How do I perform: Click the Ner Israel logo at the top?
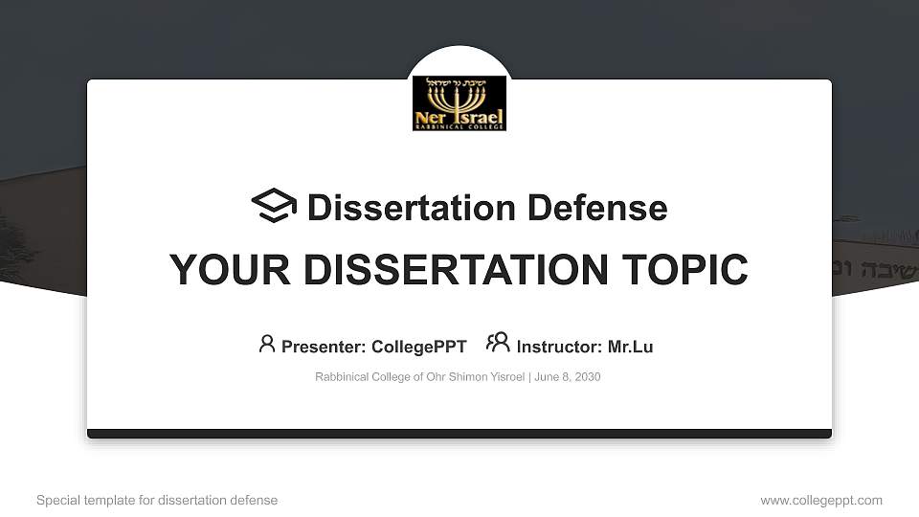tap(459, 103)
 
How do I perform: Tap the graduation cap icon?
tap(274, 206)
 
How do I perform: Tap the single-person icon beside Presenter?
tap(267, 344)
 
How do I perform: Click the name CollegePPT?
tap(418, 347)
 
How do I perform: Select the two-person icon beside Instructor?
tap(498, 343)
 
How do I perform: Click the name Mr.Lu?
tap(630, 347)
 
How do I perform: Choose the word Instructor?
tap(560, 347)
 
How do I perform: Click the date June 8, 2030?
tap(568, 377)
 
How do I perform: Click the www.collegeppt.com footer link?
tap(821, 501)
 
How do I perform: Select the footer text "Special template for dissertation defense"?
tap(157, 501)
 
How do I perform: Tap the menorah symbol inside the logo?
tap(459, 99)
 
